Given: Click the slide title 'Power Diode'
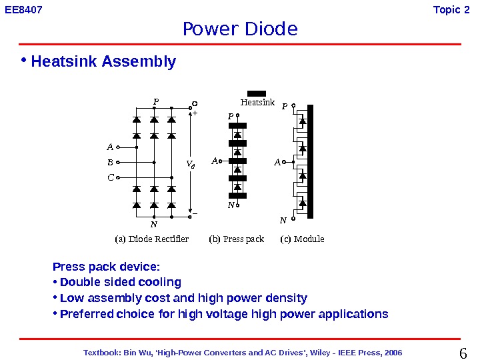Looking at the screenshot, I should (240, 29).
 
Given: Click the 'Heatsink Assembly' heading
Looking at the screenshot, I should (103, 62).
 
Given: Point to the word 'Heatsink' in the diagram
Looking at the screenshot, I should (257, 103).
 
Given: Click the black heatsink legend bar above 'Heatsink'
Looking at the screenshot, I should (256, 93).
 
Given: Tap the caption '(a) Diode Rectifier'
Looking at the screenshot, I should (152, 239).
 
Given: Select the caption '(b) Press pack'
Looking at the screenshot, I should (237, 239).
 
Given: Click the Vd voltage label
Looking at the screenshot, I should (190, 163).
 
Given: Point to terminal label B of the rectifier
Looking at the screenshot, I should (110, 162).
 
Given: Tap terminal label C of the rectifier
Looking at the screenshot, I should (110, 177).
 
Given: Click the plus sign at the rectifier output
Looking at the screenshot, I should (195, 114).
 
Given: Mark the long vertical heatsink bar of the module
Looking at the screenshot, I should (310, 161).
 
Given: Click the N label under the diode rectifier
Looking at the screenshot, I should (153, 225).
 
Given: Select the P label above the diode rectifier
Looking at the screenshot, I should (156, 102).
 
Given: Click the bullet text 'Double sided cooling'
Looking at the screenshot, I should (120, 282).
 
